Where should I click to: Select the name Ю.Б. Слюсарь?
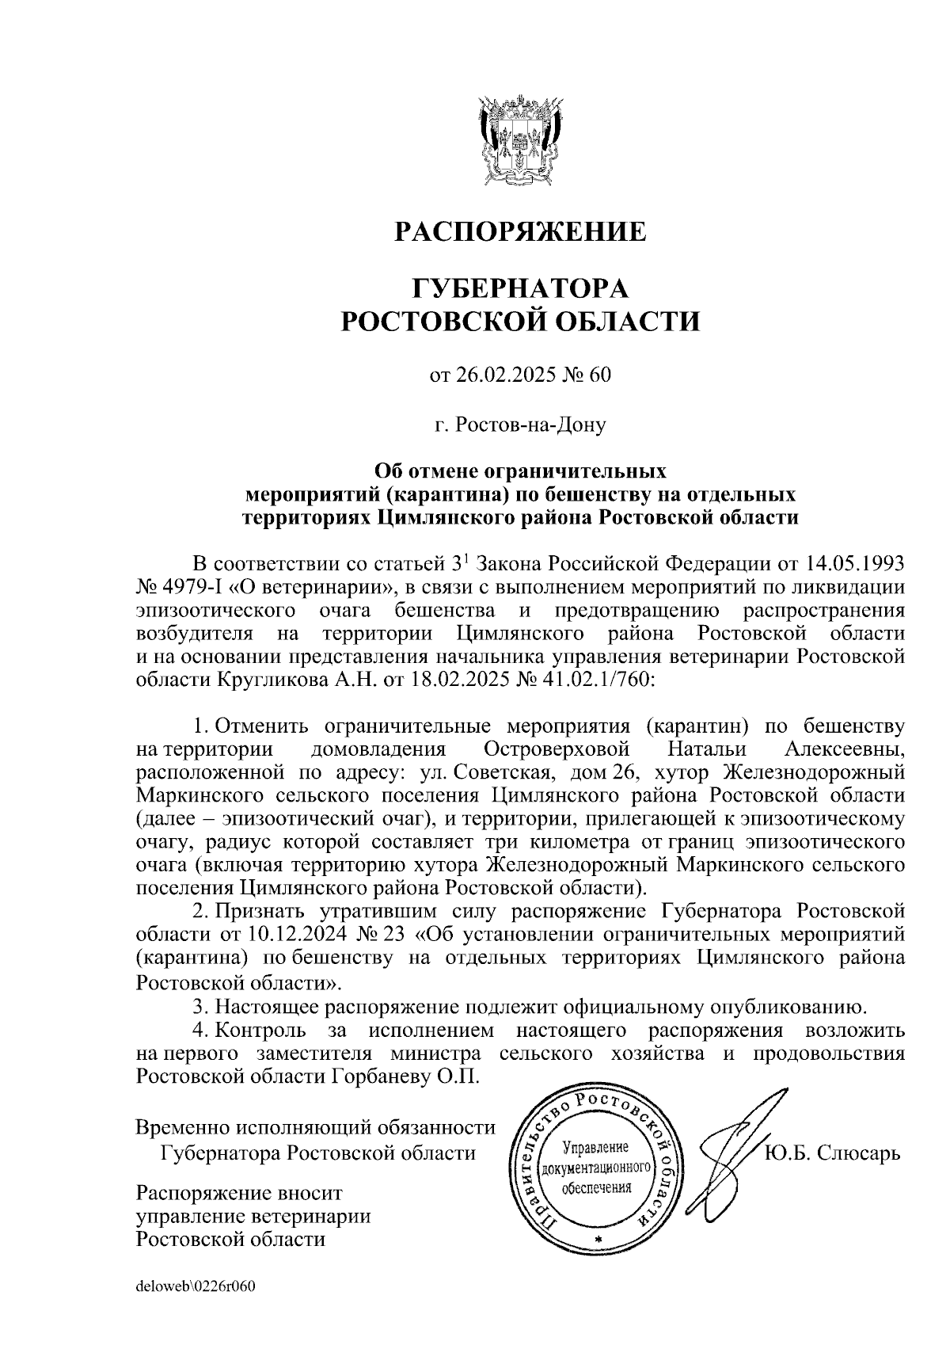[832, 1151]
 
